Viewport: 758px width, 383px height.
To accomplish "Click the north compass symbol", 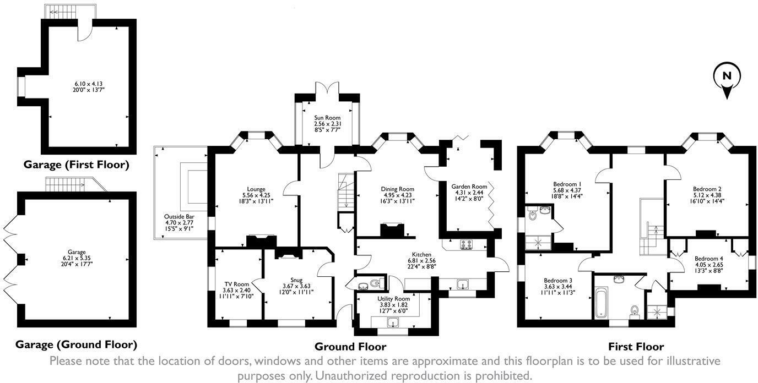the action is tap(727, 80).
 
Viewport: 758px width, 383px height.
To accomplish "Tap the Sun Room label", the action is tap(327, 118).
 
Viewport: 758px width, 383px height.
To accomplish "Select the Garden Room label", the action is tap(469, 186).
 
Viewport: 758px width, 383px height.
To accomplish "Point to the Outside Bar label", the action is tap(179, 217).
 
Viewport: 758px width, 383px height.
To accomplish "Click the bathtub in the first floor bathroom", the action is tap(601, 303).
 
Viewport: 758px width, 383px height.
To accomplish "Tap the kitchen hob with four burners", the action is tap(466, 245).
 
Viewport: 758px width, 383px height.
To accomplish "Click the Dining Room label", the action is tap(397, 189).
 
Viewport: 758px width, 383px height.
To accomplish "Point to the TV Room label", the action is tap(236, 284).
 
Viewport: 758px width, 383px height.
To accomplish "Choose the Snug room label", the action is tap(296, 280).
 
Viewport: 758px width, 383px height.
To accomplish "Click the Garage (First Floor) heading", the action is tap(76, 165).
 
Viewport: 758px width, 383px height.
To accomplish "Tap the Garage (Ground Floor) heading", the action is tap(76, 344).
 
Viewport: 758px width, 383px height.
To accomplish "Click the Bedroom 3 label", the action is tap(558, 280).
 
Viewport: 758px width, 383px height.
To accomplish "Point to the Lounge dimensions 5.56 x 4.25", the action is tap(256, 195).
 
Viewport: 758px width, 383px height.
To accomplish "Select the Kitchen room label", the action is tap(421, 255).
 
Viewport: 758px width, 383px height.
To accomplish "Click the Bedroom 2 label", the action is tap(707, 189).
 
